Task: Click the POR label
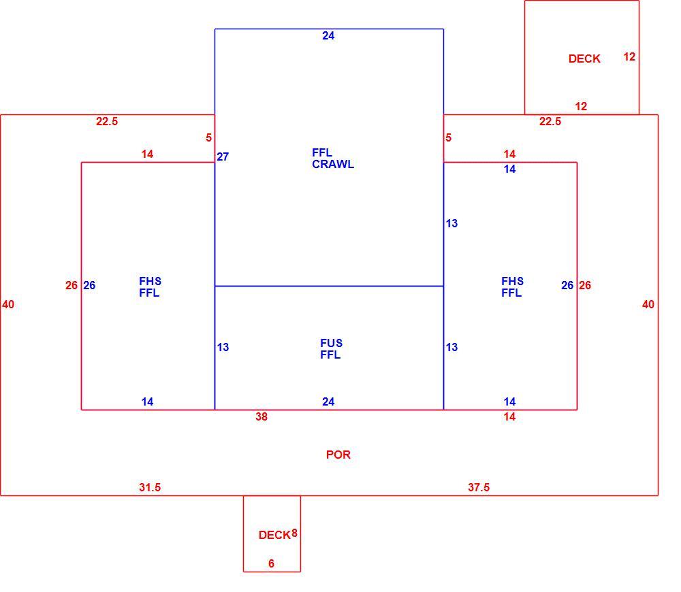click(x=338, y=455)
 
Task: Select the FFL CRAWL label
click(x=333, y=159)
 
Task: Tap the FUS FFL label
click(x=331, y=349)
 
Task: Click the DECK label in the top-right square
click(x=584, y=59)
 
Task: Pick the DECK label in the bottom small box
click(x=274, y=535)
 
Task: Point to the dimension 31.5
click(x=150, y=487)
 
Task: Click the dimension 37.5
click(x=479, y=487)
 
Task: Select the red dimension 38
click(x=262, y=416)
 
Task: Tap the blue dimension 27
click(x=223, y=157)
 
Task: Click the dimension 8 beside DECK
click(x=294, y=533)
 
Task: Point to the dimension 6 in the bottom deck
click(x=272, y=563)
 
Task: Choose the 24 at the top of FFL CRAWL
click(x=328, y=35)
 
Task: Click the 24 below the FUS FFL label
click(x=328, y=401)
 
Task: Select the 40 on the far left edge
click(x=8, y=304)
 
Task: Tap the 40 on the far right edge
click(x=648, y=304)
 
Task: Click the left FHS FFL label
click(x=150, y=287)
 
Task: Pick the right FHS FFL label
click(x=512, y=287)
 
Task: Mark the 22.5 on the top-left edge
click(x=107, y=121)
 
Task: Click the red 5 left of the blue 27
click(x=209, y=137)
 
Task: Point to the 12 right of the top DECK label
click(x=629, y=56)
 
